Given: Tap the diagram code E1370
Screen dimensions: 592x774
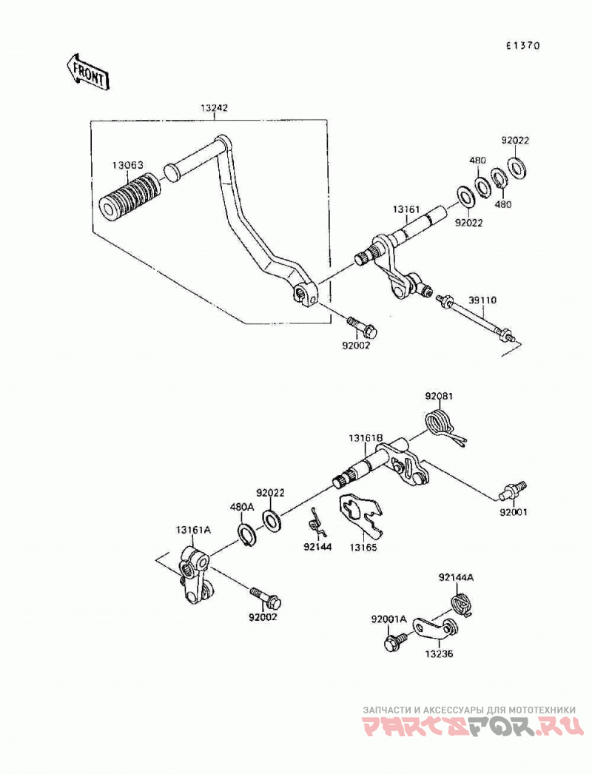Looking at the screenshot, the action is [x=523, y=46].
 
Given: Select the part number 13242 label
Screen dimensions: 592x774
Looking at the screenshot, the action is [x=214, y=107].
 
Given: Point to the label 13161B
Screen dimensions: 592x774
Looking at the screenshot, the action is [x=366, y=438].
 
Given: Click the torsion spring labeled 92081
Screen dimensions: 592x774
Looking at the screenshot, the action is [x=443, y=427].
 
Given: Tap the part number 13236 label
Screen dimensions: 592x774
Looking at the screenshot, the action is [x=438, y=654].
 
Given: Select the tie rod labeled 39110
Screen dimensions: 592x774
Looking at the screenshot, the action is [x=476, y=320].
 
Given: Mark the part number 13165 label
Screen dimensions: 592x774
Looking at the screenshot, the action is [x=363, y=547].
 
